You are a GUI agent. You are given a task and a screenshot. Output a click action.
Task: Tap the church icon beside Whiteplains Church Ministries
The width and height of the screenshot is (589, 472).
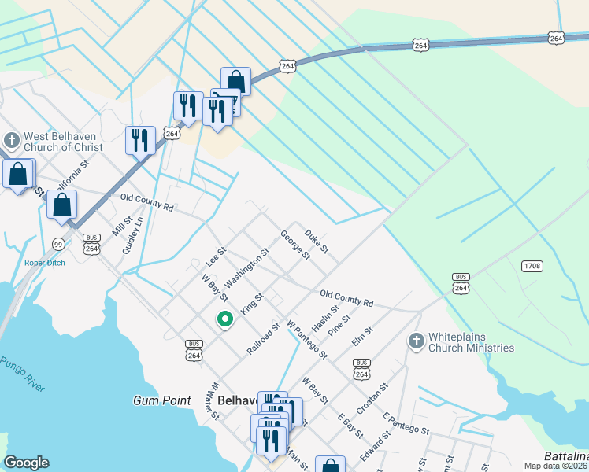[416, 341]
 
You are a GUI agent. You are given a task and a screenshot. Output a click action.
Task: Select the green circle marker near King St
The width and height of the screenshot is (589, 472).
[224, 319]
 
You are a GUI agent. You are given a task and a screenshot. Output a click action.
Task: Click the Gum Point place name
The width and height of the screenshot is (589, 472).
[161, 400]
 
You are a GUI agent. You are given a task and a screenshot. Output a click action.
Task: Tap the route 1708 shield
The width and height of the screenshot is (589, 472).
[532, 266]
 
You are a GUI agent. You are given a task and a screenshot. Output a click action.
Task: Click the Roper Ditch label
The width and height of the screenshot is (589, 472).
[44, 263]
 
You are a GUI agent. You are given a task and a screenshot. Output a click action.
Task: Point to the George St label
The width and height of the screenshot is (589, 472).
[294, 244]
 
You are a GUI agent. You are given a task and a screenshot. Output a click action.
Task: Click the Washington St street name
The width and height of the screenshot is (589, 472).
[246, 268]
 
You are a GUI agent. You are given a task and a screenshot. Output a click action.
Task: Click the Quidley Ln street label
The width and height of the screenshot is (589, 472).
[133, 235]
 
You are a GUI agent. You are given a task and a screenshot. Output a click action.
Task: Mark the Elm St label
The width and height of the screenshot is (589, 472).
[362, 337]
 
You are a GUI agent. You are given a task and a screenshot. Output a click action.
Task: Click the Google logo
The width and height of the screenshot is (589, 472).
[27, 463]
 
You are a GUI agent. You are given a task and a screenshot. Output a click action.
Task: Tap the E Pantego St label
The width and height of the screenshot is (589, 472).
[406, 424]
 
